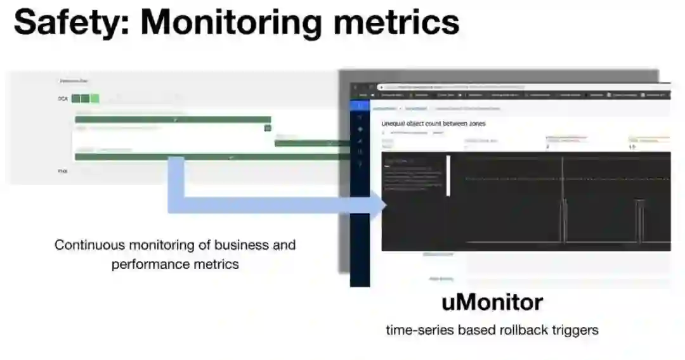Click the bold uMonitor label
[x=492, y=302]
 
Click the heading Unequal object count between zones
[x=433, y=123]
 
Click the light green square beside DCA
[x=95, y=98]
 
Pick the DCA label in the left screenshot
[x=62, y=99]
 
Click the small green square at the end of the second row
[x=268, y=128]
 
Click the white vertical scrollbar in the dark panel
[x=448, y=176]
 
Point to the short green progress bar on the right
[x=311, y=143]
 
